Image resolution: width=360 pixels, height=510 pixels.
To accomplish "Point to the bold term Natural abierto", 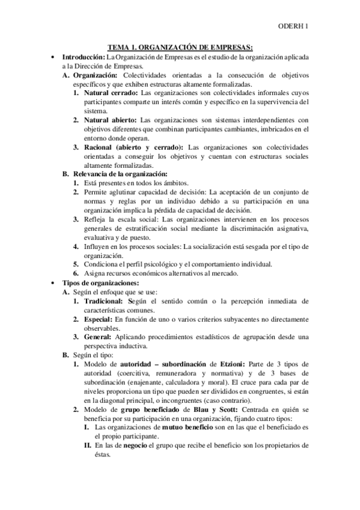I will (110, 120).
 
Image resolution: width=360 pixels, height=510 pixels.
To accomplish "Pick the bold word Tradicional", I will (105, 300).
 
